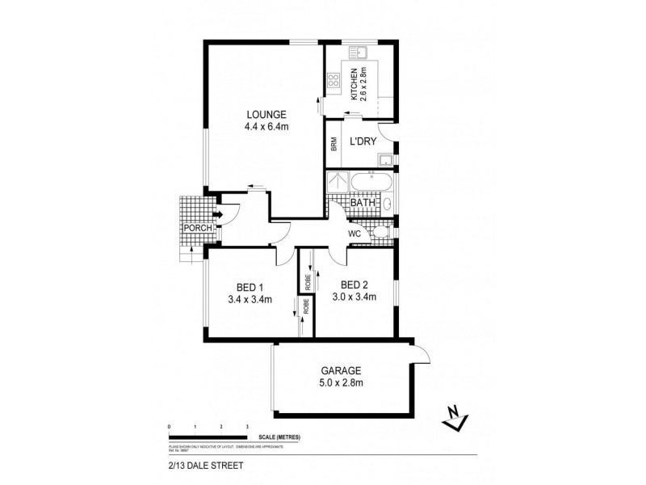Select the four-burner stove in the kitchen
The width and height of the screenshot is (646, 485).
pyautogui.click(x=333, y=80)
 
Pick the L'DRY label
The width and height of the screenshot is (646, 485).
pyautogui.click(x=363, y=140)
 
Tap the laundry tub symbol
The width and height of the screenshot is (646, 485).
pyautogui.click(x=386, y=158)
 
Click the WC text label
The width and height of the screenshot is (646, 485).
pyautogui.click(x=354, y=234)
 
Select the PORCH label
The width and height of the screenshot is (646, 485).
pyautogui.click(x=197, y=229)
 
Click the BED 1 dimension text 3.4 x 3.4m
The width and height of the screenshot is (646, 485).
pyautogui.click(x=250, y=299)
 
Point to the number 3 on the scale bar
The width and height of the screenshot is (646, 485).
pyautogui.click(x=246, y=425)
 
